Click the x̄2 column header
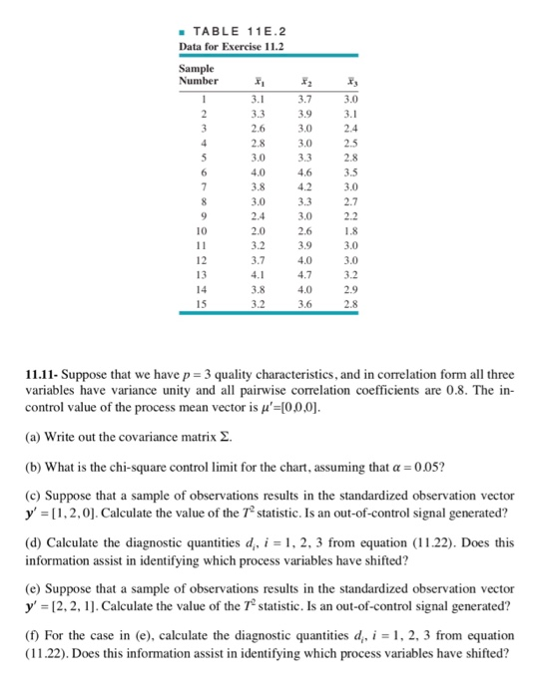click(306, 81)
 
